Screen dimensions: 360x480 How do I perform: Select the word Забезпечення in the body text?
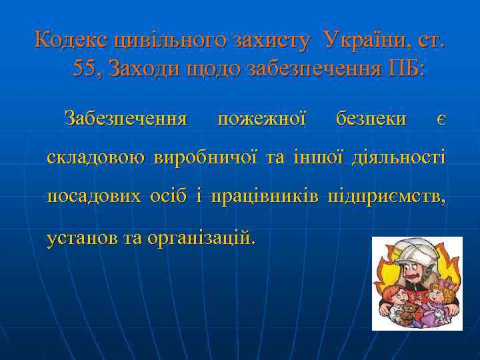pos(125,119)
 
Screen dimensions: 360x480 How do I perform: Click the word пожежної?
pos(262,119)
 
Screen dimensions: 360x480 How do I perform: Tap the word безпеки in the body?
pos(371,119)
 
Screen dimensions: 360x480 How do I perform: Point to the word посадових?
pos(94,197)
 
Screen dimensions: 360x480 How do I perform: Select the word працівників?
pos(264,197)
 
